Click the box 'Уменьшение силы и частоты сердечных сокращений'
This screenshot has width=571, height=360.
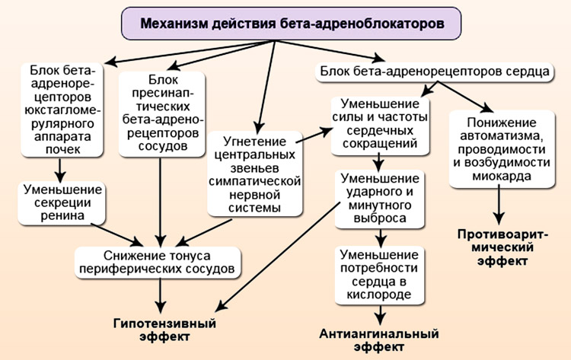(379, 123)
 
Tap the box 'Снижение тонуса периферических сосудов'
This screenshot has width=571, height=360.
(159, 263)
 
